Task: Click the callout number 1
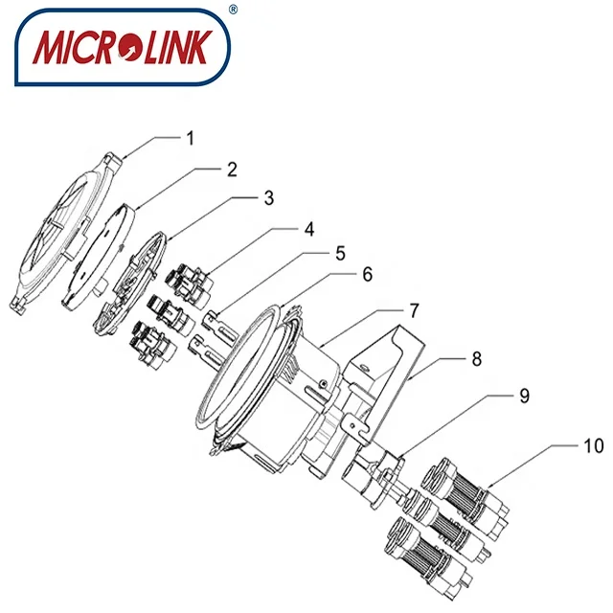point(191,137)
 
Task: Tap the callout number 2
point(231,170)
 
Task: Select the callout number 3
point(269,198)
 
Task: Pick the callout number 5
point(339,257)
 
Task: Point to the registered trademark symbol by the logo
point(232,10)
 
